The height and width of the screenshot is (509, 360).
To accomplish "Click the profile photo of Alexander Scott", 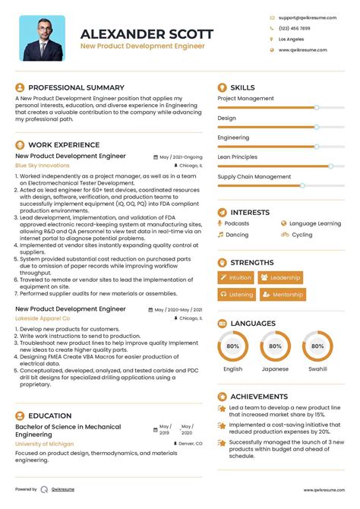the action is click(42, 38).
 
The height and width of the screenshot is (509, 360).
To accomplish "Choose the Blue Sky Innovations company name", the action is click(43, 165).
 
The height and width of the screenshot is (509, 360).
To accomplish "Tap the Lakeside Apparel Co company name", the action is click(43, 318).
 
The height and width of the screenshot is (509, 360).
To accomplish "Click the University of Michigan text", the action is click(44, 443).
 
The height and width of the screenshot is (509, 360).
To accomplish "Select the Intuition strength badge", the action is click(235, 278).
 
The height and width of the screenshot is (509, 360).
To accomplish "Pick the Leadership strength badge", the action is click(280, 278).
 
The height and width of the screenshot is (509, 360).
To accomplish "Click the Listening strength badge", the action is click(236, 294).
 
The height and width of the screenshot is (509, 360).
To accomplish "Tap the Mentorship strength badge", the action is click(281, 294).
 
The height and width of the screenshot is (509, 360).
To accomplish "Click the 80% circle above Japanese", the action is click(275, 347).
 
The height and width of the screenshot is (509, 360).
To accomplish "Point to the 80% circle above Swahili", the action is click(317, 347).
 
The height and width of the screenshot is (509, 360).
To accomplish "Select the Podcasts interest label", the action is click(236, 224).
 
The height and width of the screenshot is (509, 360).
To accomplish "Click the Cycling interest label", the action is click(302, 235).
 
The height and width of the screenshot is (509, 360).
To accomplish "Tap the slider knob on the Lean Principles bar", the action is click(330, 165).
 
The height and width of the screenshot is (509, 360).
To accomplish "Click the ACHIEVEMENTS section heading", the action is click(259, 397).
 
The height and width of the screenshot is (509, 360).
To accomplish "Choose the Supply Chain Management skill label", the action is click(254, 176).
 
